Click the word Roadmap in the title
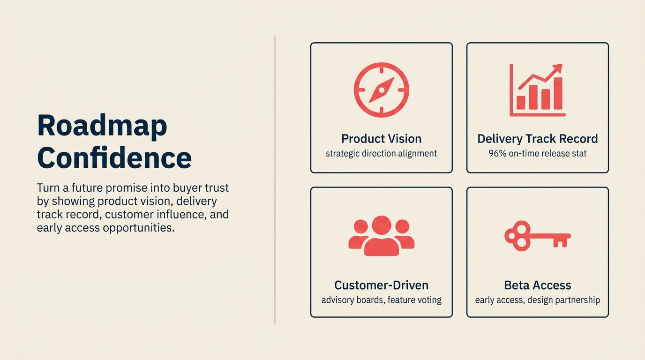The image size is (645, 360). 102,127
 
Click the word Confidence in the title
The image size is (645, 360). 114,158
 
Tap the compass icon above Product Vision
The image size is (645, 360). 381,90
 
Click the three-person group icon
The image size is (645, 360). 381,236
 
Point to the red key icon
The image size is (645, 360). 537,236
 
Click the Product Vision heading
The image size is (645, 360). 381,139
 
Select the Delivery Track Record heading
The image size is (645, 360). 537,139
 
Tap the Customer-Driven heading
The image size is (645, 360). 381,285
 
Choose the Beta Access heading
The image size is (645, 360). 537,285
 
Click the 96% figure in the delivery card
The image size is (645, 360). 497,153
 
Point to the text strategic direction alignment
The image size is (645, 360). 381,153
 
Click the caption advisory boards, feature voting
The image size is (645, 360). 381,300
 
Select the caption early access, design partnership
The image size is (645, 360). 537,300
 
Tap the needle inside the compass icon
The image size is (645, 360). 381,90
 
